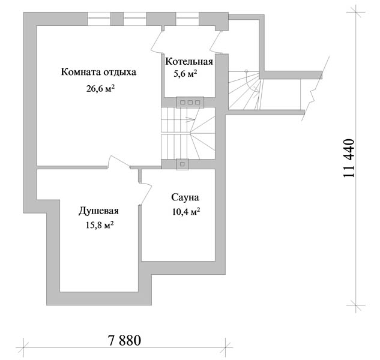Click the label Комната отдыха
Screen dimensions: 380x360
98,72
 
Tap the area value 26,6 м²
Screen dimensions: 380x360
100,89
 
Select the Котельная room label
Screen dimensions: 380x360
189,62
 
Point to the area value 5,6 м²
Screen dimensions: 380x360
185,74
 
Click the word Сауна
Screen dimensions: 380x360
185,197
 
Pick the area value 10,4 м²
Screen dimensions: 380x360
186,212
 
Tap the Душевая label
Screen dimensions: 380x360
98,211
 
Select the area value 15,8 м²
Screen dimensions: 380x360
100,226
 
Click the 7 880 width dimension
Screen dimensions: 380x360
125,341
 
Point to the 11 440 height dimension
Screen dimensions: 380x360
349,158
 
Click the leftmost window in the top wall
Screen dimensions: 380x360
99,19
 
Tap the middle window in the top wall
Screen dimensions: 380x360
135,19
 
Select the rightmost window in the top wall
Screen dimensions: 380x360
187,19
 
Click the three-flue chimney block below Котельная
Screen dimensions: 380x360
190,102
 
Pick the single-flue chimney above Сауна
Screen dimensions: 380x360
182,164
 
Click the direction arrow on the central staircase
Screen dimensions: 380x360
190,119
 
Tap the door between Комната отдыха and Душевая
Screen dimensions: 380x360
119,162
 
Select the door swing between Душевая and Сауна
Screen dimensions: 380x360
145,194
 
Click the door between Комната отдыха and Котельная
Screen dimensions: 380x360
157,40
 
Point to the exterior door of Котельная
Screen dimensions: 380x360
216,41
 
